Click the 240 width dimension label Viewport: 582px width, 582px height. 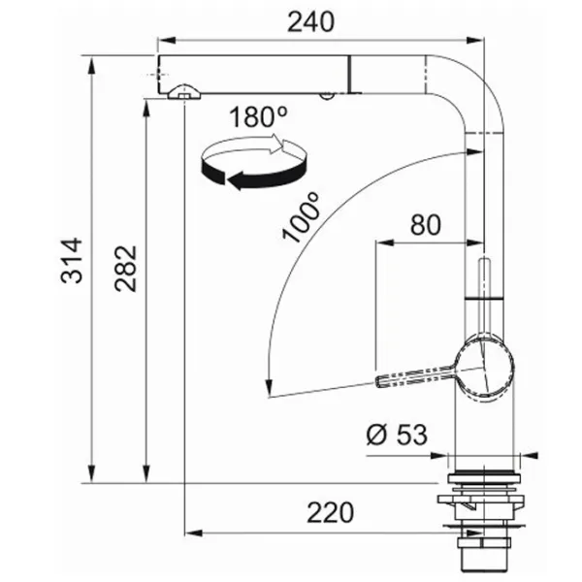point(311,22)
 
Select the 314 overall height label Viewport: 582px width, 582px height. point(71,261)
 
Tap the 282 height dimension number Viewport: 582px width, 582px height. point(125,268)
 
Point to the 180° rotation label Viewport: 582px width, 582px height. point(258,116)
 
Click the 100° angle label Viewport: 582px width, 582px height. point(301,217)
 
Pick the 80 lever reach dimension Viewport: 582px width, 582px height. point(426,225)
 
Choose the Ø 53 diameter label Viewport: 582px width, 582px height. point(397,434)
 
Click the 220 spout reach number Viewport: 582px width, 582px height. point(331,512)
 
